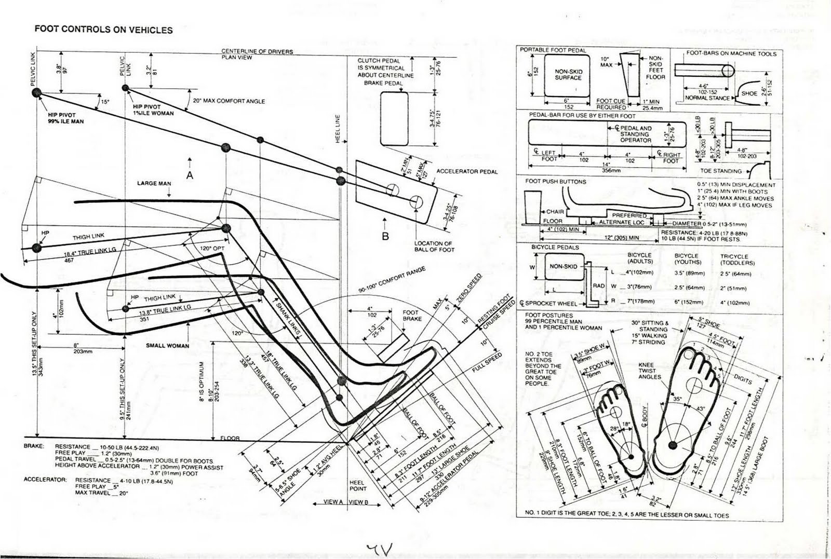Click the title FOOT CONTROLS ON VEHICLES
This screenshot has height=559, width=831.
(103, 30)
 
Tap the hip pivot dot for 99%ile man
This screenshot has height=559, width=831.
(36, 92)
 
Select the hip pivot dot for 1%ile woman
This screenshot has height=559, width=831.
(125, 90)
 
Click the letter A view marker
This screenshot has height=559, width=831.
(190, 175)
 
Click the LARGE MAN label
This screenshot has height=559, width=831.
(154, 183)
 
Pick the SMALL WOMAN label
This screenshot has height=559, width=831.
(167, 346)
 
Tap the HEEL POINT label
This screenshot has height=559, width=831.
(358, 485)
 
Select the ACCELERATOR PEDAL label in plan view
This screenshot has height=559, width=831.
(467, 171)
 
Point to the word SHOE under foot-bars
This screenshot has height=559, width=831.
(749, 93)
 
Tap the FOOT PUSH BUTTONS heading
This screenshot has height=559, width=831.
(555, 182)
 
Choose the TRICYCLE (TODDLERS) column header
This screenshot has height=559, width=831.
(734, 260)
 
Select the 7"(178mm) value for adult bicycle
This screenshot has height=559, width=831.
(640, 301)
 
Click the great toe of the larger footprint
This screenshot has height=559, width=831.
(688, 355)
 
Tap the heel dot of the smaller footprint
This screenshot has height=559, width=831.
(632, 457)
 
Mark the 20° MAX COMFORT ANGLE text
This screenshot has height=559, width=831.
(229, 101)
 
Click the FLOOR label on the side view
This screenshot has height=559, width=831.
(230, 438)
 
